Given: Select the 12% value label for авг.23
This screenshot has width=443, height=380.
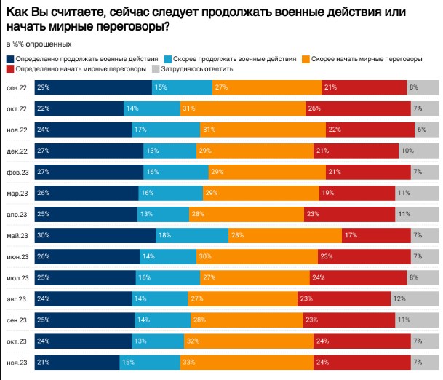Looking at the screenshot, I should click(x=418, y=298).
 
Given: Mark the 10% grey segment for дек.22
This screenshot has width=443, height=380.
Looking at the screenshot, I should click(x=419, y=151).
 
